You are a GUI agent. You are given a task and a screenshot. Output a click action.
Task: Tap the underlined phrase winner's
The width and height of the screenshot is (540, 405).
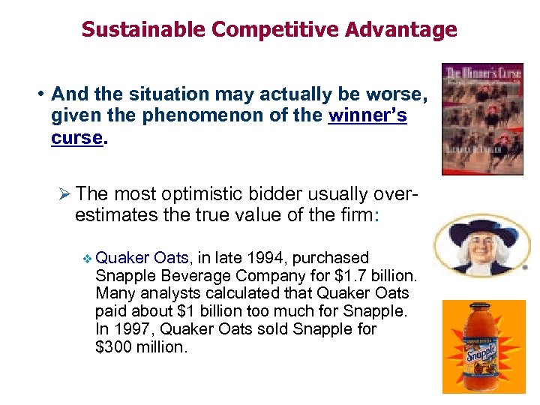click(367, 116)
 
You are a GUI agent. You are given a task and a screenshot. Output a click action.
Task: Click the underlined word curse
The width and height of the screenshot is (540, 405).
click(76, 138)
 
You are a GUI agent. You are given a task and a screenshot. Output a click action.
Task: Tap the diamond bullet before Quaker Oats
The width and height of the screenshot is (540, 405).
click(87, 259)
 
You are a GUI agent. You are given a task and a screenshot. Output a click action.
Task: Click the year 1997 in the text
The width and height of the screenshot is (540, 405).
click(130, 329)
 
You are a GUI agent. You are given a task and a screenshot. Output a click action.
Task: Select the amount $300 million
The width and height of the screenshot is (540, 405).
click(140, 347)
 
